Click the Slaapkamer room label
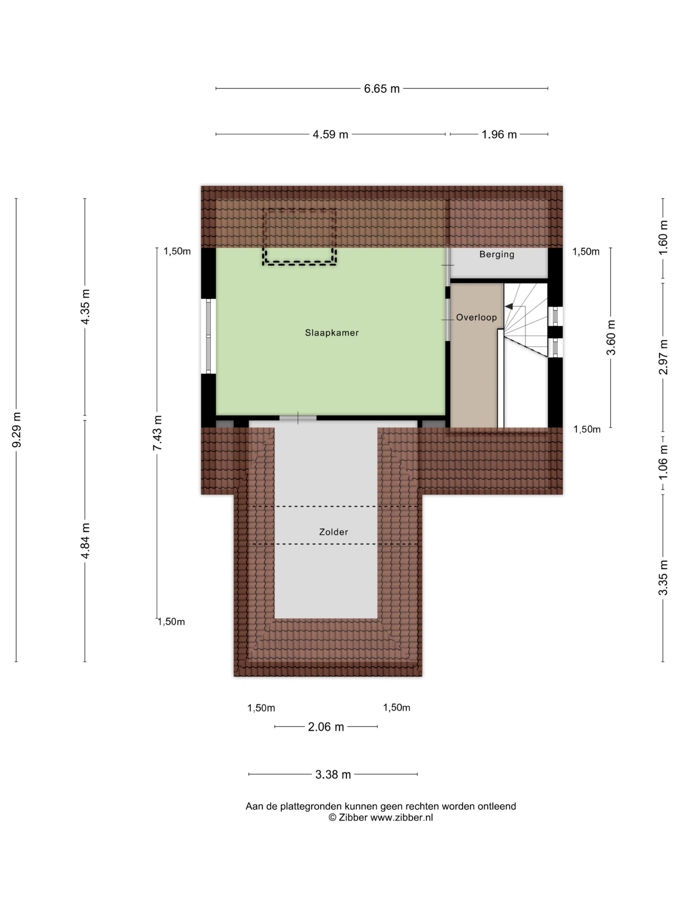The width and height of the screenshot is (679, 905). click(331, 333)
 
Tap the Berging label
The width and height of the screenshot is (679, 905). click(496, 254)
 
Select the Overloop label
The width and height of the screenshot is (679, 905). click(476, 318)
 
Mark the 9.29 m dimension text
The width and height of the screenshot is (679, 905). click(17, 430)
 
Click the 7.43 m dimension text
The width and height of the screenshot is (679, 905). click(158, 433)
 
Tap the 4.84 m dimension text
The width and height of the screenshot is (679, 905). click(85, 541)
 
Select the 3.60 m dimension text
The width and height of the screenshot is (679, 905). click(611, 338)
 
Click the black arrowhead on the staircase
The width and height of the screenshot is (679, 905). click(509, 306)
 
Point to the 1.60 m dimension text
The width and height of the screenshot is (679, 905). click(663, 238)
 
